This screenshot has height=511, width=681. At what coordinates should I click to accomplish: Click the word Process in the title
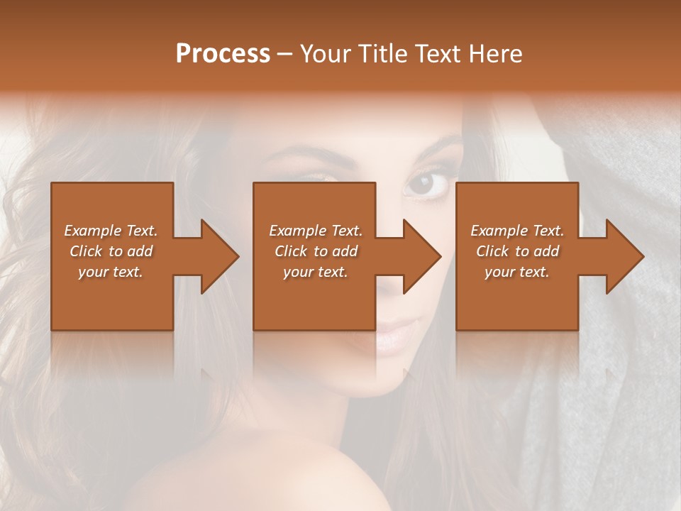click(x=223, y=53)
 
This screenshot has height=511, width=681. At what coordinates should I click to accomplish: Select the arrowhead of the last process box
click(x=624, y=256)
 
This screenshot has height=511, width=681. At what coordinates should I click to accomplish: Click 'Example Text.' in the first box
click(x=111, y=231)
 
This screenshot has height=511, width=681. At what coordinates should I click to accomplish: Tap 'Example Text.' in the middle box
click(x=316, y=231)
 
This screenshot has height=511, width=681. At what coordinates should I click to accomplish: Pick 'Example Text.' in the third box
click(x=517, y=231)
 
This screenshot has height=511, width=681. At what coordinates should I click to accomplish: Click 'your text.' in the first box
click(x=111, y=272)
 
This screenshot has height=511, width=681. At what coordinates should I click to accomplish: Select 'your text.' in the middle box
click(x=316, y=272)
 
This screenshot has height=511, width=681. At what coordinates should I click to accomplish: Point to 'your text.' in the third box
click(x=517, y=272)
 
